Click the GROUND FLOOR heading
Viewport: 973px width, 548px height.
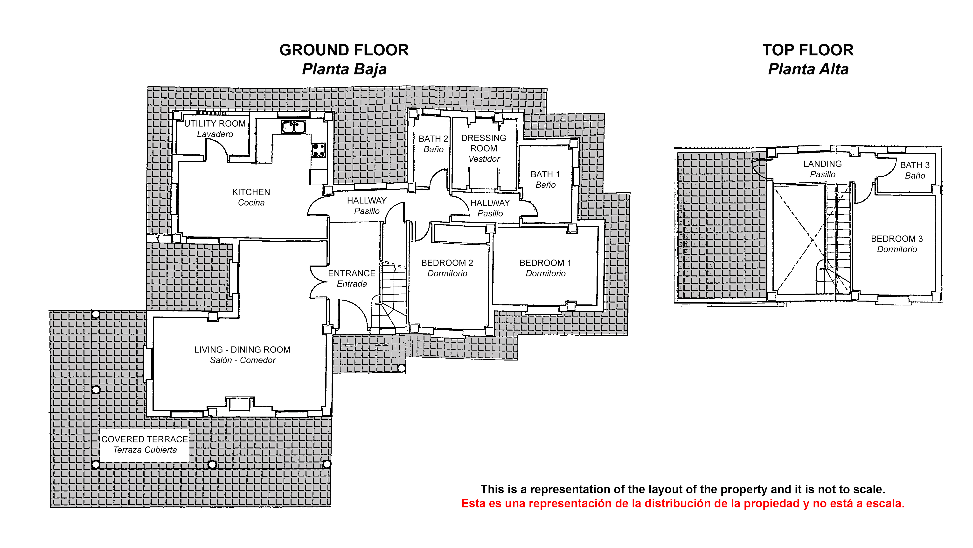pyautogui.click(x=344, y=50)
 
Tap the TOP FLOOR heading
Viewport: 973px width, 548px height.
pyautogui.click(x=808, y=50)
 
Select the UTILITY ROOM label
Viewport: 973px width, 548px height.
pyautogui.click(x=215, y=124)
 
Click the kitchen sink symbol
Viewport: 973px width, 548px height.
pyautogui.click(x=293, y=127)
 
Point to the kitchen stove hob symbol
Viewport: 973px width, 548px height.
pyautogui.click(x=318, y=150)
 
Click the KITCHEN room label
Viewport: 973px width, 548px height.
pyautogui.click(x=251, y=192)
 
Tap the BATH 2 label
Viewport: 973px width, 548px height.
pyautogui.click(x=433, y=139)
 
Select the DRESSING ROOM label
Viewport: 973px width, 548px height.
pyautogui.click(x=484, y=143)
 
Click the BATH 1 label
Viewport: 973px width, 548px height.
pyautogui.click(x=545, y=174)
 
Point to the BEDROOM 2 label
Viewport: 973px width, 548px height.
pyautogui.click(x=447, y=263)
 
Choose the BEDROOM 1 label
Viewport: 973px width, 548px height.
pyautogui.click(x=545, y=263)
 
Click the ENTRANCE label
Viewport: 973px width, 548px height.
pyautogui.click(x=352, y=274)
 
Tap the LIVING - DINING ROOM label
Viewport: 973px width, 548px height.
pyautogui.click(x=243, y=350)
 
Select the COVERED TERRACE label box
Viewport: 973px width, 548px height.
pyautogui.click(x=145, y=445)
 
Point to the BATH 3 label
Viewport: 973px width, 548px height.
pyautogui.click(x=915, y=165)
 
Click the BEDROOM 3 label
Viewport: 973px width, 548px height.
pyautogui.click(x=897, y=239)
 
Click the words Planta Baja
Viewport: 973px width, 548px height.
pyautogui.click(x=344, y=69)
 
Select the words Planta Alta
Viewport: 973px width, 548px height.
pyautogui.click(x=808, y=69)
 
